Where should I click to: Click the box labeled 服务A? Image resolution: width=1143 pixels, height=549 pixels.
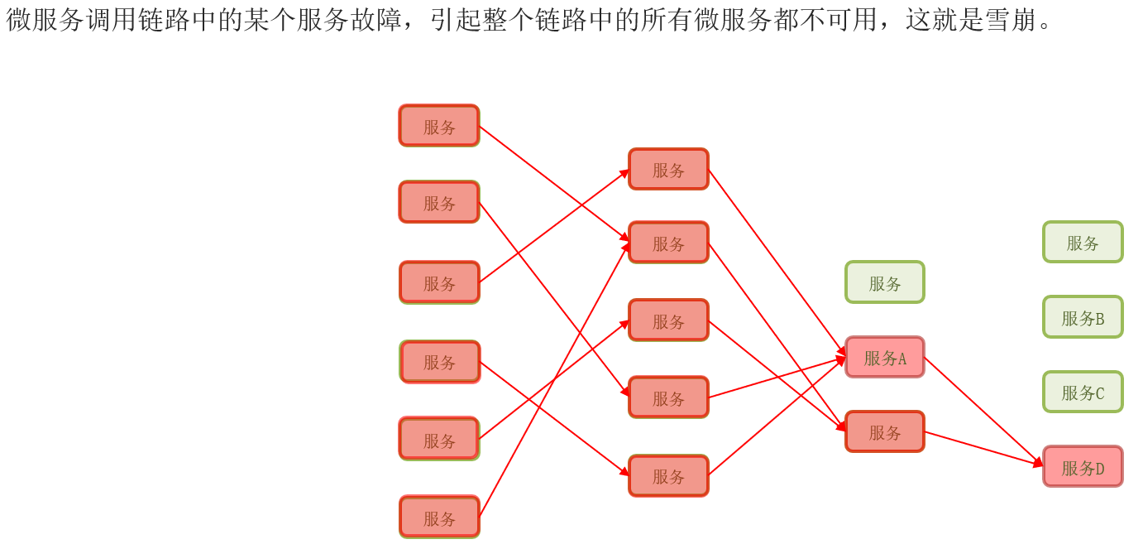(x=884, y=358)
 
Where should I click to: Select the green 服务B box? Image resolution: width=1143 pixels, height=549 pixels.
(x=1083, y=317)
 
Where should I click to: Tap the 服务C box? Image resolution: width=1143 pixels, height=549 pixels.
(x=1083, y=392)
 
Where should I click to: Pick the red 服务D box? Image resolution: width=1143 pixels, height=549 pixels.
(x=1083, y=467)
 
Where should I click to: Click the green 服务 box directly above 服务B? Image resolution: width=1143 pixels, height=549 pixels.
(x=1083, y=242)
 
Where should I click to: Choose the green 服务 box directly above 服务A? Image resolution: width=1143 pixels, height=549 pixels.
(x=884, y=282)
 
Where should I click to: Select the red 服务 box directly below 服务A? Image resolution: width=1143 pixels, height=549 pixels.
(x=884, y=431)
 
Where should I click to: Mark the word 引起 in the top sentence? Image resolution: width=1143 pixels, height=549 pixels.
(x=456, y=19)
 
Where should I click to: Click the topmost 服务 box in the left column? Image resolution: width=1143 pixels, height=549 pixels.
(x=439, y=126)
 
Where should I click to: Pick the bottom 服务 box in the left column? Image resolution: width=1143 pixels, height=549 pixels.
(x=439, y=518)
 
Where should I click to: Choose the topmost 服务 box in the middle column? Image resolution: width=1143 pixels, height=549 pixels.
(x=668, y=169)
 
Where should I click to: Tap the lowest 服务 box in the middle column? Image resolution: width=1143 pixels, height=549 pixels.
(x=668, y=476)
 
